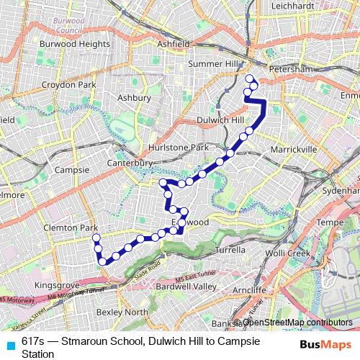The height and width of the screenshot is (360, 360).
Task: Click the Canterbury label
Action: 131,163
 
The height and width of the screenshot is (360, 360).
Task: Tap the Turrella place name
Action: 232,250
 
